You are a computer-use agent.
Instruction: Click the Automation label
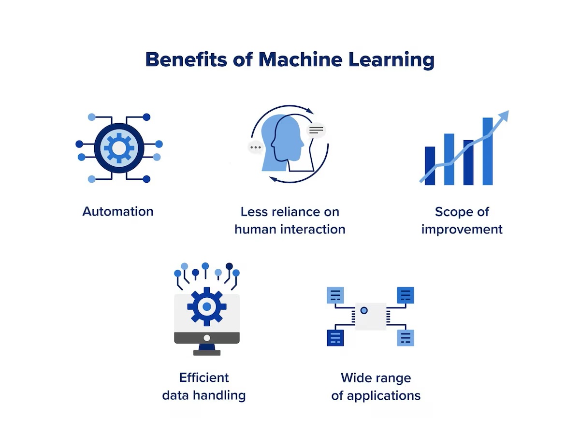[x=118, y=211]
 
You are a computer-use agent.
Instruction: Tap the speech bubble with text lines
[x=317, y=130]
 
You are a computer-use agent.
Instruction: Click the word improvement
[x=462, y=229]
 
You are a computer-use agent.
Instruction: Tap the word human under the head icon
[x=255, y=229]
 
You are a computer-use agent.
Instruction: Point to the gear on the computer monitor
[x=207, y=306]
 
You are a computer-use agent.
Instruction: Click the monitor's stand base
[x=207, y=352]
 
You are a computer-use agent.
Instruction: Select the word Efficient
[x=204, y=377]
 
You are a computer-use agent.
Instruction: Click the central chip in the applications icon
[x=371, y=316]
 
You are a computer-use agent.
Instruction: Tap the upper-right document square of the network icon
[x=406, y=295]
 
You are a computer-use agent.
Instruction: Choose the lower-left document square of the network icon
[x=335, y=337]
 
